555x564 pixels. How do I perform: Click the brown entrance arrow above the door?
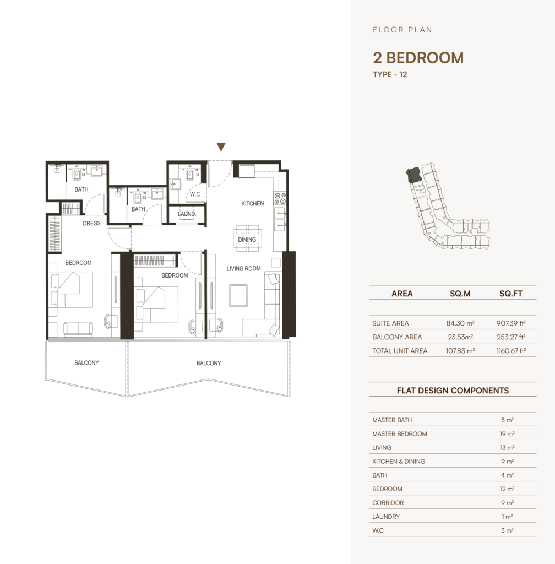tap(221, 147)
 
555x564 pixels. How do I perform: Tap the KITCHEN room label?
tap(252, 204)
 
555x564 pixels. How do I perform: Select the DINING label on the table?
tap(247, 240)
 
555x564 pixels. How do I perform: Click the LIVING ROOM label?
tap(244, 268)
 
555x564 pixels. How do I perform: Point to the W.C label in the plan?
tap(195, 194)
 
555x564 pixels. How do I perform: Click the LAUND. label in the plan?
tap(187, 214)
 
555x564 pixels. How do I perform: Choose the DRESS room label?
tap(91, 224)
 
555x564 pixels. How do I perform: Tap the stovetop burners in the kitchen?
tap(280, 198)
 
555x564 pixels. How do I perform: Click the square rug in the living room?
tap(238, 295)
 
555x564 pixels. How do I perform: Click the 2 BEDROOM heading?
tap(418, 58)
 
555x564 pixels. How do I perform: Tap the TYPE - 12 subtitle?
tap(390, 74)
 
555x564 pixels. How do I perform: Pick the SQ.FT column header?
tap(511, 294)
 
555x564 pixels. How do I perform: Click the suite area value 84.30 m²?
tap(460, 323)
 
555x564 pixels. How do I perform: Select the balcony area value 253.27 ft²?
tap(511, 337)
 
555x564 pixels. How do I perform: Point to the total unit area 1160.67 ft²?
tap(511, 351)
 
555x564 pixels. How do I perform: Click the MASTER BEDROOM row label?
tap(400, 434)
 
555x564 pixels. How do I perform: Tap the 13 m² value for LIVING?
tap(507, 448)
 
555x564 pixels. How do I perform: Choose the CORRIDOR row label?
tap(388, 503)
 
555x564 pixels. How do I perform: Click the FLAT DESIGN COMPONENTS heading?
tap(453, 391)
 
